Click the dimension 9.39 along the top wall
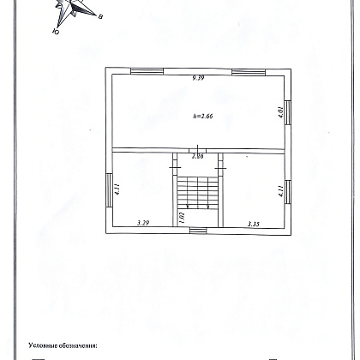198,78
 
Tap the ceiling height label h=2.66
203,116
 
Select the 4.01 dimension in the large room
281,112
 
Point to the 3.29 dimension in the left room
143,223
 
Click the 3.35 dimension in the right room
253,224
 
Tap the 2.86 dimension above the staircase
198,156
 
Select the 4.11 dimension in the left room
117,189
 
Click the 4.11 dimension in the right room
281,191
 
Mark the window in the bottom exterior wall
198,231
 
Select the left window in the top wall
147,71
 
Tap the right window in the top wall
249,72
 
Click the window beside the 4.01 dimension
288,112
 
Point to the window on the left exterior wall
109,190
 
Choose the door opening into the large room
198,150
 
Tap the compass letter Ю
57,32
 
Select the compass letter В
100,16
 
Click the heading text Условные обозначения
63,345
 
